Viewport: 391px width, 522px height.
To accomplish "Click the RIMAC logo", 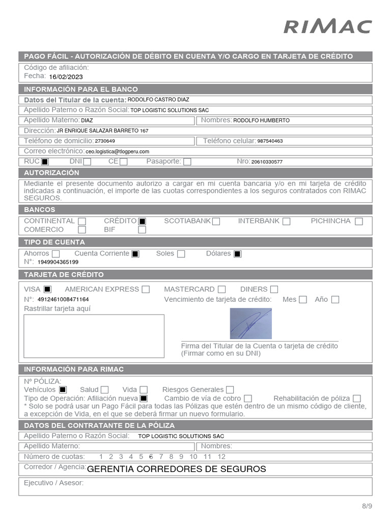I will [x=327, y=27].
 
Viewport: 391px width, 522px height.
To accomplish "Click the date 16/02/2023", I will [x=66, y=77].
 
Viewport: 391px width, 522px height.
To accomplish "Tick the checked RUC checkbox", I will [x=45, y=162].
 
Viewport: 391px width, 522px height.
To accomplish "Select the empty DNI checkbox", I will [x=87, y=162].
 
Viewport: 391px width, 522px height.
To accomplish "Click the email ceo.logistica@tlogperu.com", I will [x=117, y=151].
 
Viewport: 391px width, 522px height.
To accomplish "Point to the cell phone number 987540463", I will [x=270, y=141].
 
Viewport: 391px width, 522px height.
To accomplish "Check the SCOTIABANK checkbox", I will [x=216, y=221].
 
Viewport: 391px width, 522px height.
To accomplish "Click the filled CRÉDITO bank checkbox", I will [x=143, y=221].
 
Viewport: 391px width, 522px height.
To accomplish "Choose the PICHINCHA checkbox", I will [x=359, y=221].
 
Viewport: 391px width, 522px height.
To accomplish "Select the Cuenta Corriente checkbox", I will [x=135, y=254].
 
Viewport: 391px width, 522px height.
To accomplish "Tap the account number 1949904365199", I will [x=58, y=262].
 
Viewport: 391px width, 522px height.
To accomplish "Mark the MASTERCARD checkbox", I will [x=221, y=290].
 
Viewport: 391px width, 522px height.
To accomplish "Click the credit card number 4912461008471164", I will [x=63, y=300].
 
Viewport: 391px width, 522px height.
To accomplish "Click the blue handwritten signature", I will [x=250, y=324].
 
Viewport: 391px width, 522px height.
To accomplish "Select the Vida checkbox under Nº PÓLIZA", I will [x=144, y=390].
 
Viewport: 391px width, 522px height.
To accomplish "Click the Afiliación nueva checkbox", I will [x=144, y=399].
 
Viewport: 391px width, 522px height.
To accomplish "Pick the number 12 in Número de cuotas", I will [x=221, y=457].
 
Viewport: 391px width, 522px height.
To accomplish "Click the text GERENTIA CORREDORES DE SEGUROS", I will [x=177, y=469].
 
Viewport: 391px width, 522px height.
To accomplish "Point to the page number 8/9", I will [x=367, y=506].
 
